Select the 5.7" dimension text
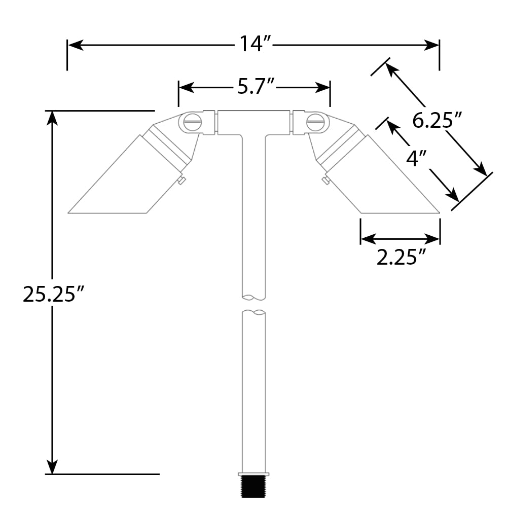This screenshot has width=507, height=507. (x=256, y=86)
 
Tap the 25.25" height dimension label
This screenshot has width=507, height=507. (x=53, y=294)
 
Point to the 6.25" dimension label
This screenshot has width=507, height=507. (x=437, y=120)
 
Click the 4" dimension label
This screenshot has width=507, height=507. (x=416, y=158)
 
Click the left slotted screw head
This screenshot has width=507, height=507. (x=192, y=122)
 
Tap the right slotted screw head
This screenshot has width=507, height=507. (x=315, y=122)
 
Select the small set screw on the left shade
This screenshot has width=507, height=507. (x=182, y=180)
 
